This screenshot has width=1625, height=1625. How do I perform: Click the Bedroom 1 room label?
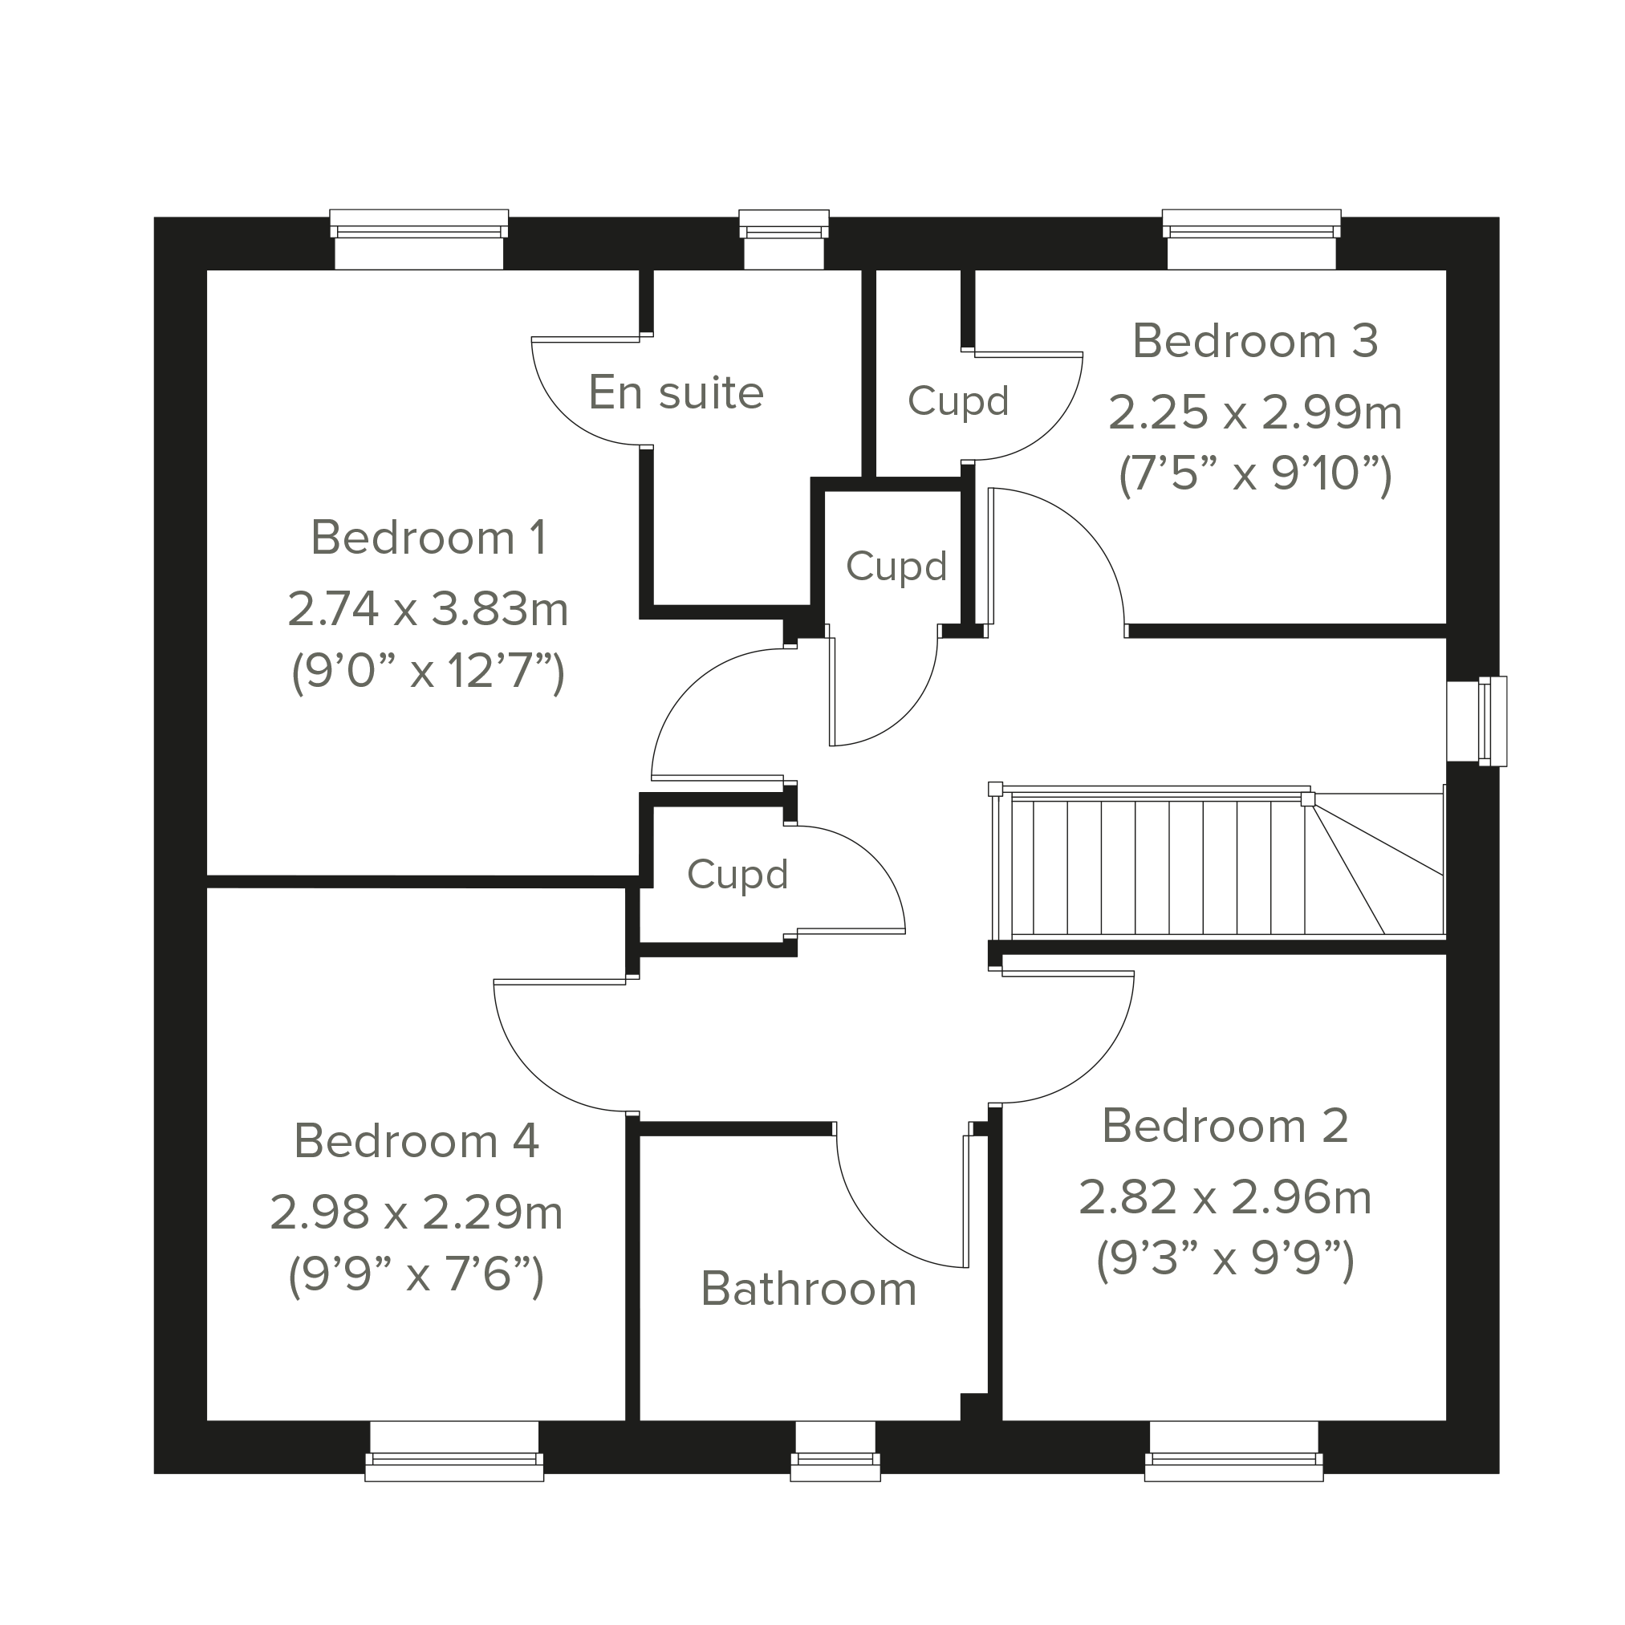[x=429, y=538]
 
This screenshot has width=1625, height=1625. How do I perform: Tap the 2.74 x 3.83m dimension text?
[x=429, y=609]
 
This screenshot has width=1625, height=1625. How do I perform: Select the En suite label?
[x=676, y=392]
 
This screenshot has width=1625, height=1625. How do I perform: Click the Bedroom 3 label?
[x=1255, y=342]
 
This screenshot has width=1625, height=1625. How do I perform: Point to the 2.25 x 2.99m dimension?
[x=1255, y=413]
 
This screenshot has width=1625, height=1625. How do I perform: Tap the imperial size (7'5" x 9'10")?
[x=1255, y=475]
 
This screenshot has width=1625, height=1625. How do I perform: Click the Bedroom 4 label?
[x=416, y=1141]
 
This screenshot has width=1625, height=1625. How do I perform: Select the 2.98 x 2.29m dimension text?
[x=416, y=1213]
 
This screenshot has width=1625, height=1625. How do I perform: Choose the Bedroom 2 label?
[x=1225, y=1125]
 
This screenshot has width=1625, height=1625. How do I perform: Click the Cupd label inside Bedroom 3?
[x=958, y=401]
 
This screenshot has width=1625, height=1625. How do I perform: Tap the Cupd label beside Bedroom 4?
[x=737, y=874]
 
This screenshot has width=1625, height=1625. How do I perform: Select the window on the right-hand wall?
[x=1478, y=721]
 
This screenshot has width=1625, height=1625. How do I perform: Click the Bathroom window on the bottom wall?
[x=835, y=1451]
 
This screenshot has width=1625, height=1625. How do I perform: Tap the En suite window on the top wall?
[x=784, y=240]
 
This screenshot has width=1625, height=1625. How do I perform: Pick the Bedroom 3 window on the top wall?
[x=1252, y=240]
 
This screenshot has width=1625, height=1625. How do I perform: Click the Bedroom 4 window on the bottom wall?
[x=454, y=1451]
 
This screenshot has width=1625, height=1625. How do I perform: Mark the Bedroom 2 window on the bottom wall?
[x=1234, y=1451]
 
